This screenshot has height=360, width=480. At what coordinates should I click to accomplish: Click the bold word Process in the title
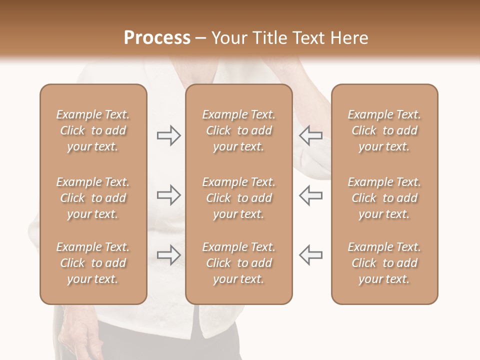157,38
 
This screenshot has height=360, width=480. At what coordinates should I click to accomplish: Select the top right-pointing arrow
168,135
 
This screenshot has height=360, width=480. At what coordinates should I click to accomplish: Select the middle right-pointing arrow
168,195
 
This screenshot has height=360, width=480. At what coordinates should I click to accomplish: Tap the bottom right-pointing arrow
168,254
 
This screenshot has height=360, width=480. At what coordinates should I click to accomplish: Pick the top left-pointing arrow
311,135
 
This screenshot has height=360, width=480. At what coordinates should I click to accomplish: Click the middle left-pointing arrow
311,195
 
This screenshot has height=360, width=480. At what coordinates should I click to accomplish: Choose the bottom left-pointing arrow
311,254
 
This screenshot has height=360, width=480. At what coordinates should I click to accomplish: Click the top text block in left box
93,130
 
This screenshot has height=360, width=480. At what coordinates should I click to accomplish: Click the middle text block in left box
93,198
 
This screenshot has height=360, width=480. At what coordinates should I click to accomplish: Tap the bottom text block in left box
93,263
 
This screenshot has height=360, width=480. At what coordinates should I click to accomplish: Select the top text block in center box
238,130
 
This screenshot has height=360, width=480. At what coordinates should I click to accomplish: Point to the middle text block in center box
238,198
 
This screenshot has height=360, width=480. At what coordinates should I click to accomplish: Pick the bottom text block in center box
238,263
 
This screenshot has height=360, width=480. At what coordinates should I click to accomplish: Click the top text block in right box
384,130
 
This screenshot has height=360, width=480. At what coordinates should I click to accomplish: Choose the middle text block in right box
384,198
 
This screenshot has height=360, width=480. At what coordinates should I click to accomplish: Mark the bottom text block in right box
384,263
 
